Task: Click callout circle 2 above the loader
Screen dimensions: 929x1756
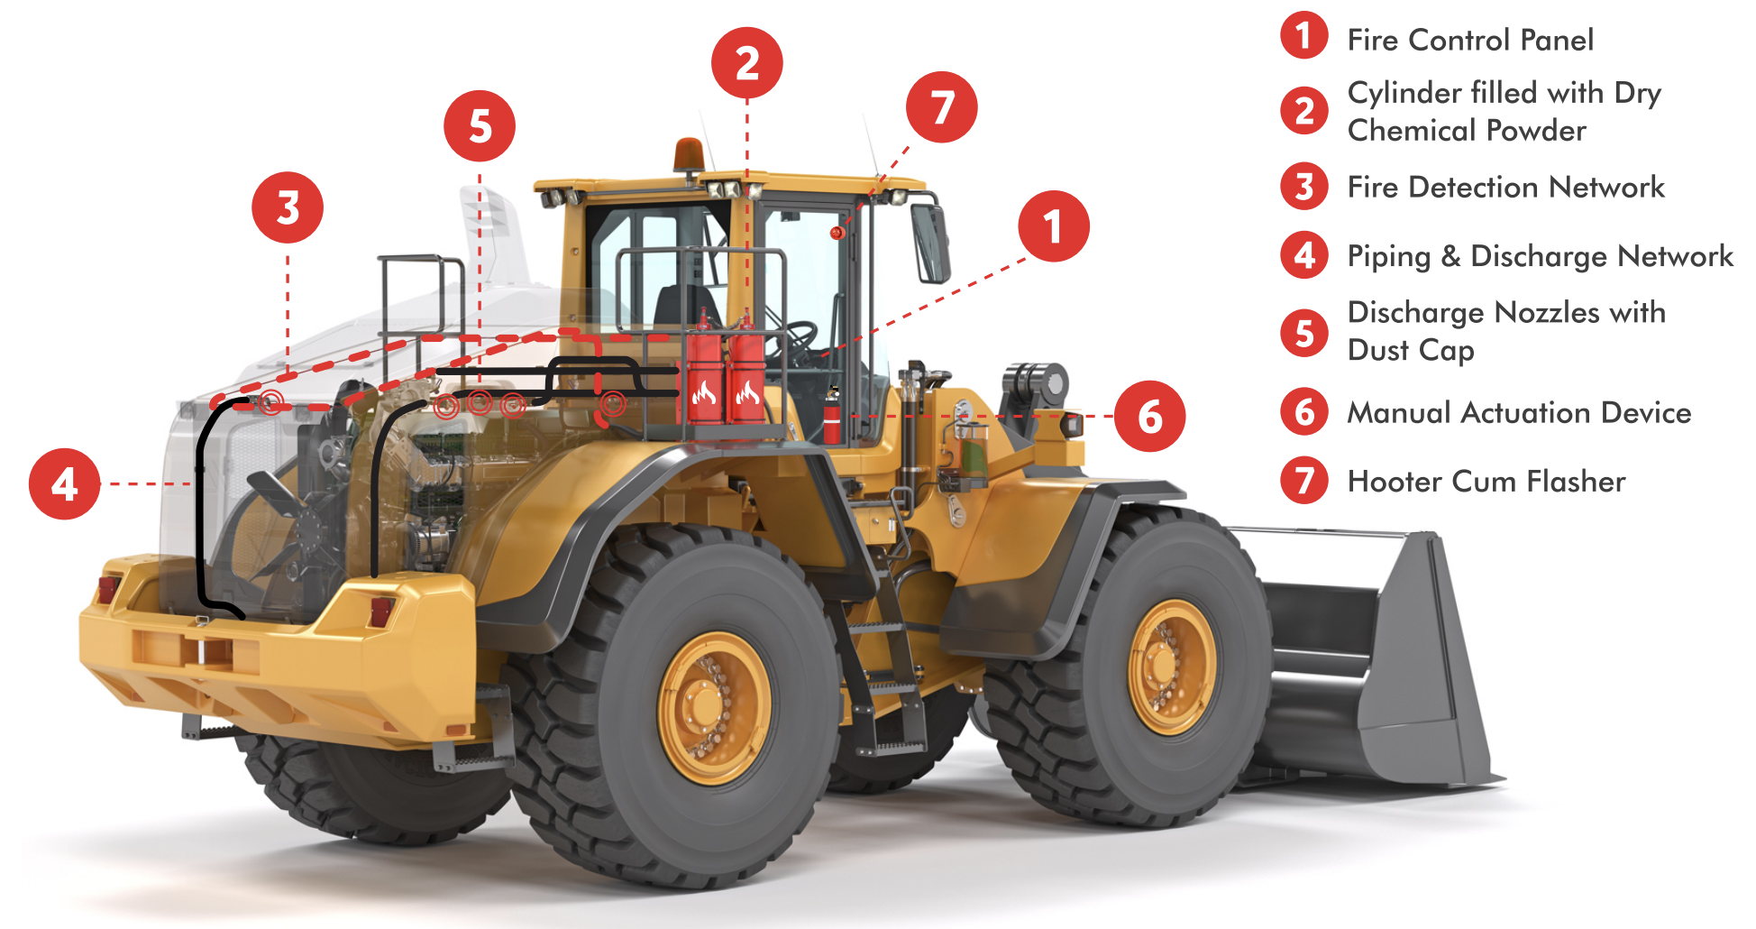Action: [746, 63]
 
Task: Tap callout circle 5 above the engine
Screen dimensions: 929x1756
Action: [480, 126]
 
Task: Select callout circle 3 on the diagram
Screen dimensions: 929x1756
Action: [288, 207]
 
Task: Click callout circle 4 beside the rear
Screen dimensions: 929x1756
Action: [64, 484]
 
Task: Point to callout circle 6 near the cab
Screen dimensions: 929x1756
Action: [1149, 416]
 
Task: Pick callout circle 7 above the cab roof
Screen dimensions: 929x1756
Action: [941, 107]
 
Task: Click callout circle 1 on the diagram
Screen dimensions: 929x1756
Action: [1053, 226]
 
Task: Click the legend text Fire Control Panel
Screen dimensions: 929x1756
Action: [1469, 40]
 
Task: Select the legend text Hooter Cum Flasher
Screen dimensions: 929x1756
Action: [1486, 481]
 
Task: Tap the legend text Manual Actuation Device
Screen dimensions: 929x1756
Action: [1518, 412]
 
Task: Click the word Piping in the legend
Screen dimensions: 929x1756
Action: [1388, 256]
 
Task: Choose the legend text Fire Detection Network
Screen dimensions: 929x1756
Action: [1505, 187]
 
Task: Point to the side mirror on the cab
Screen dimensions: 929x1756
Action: [930, 242]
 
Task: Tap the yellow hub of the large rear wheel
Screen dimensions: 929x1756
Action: [713, 707]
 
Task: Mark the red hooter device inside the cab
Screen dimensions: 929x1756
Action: [837, 233]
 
